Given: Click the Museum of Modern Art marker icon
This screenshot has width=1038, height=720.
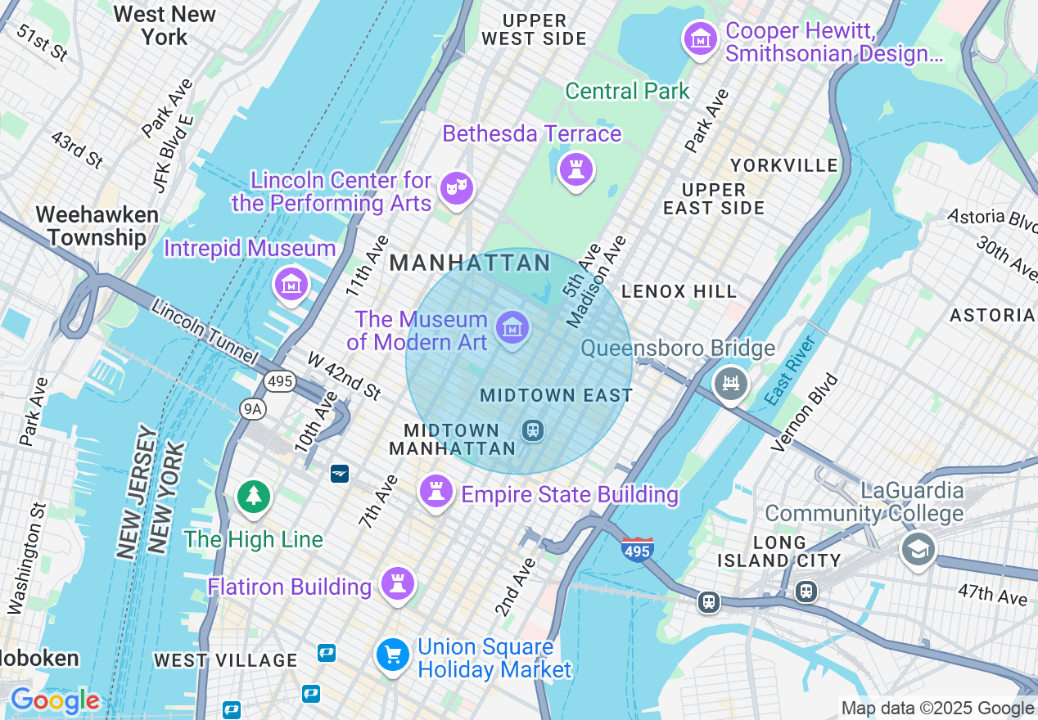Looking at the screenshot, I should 513,329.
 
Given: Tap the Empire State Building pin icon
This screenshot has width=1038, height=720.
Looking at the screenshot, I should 436,492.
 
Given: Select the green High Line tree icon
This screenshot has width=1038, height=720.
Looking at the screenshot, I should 254,497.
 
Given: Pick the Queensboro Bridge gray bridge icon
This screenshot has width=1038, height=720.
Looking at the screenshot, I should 730,383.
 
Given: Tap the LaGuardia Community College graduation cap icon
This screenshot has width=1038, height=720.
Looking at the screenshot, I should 918,550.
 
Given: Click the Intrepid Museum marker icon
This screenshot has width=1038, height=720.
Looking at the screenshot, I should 291,284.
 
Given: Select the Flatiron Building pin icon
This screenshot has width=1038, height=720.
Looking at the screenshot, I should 398,584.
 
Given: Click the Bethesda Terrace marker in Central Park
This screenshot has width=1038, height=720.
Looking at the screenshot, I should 576,170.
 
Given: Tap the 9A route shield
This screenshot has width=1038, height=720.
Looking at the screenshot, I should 252,408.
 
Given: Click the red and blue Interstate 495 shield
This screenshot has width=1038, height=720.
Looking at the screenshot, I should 637,549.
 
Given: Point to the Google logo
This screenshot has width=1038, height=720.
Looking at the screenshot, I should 55,701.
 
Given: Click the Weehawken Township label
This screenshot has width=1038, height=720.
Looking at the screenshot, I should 97,227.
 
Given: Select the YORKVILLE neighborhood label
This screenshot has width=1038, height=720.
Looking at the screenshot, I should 784,165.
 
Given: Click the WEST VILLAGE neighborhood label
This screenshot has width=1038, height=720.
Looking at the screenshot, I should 226,660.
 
